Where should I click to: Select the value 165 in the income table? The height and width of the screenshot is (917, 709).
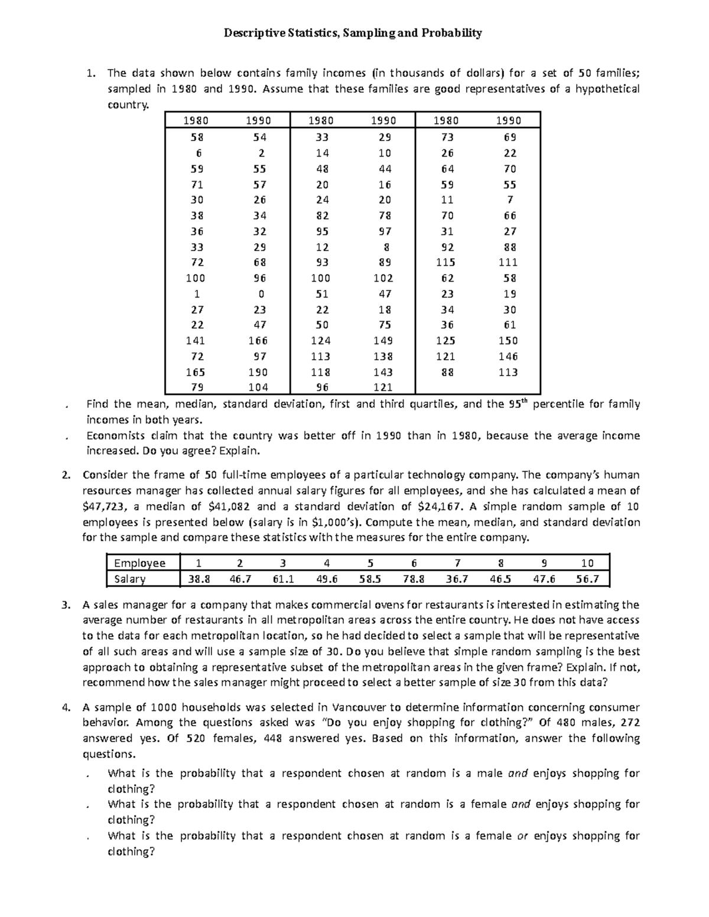click(196, 372)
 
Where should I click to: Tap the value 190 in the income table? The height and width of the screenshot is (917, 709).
click(258, 372)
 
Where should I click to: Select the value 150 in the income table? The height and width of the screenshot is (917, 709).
click(508, 341)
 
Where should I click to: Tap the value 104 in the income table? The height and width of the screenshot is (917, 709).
click(258, 387)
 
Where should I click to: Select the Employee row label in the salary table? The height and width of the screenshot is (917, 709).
click(139, 563)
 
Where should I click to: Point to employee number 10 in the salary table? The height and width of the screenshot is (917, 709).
click(587, 563)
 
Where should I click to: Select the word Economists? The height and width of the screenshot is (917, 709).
click(116, 436)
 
